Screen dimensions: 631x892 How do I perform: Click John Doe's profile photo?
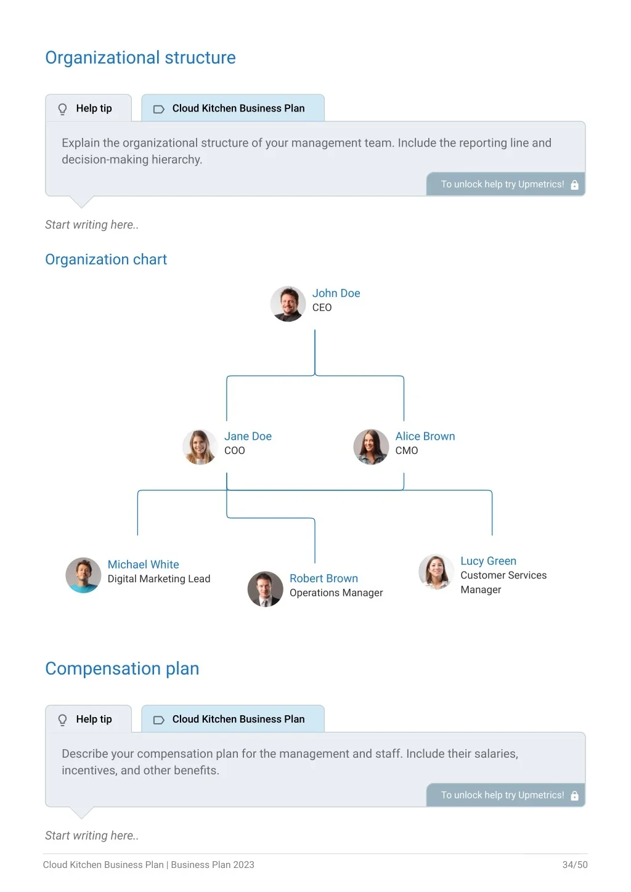click(x=288, y=304)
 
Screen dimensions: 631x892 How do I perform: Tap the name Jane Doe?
click(x=248, y=436)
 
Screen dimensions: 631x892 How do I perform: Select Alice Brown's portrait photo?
click(x=371, y=447)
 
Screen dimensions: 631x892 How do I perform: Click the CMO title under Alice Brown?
click(x=406, y=450)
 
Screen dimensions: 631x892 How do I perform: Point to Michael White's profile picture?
click(x=83, y=575)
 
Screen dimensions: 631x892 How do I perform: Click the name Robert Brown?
click(x=324, y=578)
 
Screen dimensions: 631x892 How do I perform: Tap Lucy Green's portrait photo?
click(x=436, y=572)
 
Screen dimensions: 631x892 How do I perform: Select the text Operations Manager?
click(x=336, y=593)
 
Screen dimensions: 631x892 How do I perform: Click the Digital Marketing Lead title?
click(x=159, y=578)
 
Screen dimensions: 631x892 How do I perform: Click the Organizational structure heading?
click(x=140, y=58)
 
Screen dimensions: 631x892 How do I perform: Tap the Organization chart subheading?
click(x=106, y=259)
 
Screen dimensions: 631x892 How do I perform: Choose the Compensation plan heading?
click(x=122, y=668)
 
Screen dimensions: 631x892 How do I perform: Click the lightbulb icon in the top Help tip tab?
click(x=62, y=108)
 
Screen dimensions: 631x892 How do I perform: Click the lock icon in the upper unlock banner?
click(x=574, y=185)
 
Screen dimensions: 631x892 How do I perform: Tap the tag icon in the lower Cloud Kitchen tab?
click(x=159, y=720)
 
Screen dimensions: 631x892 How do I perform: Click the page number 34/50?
click(x=575, y=864)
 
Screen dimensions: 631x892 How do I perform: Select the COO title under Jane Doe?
click(x=235, y=450)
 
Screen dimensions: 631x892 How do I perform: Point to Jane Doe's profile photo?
click(x=200, y=447)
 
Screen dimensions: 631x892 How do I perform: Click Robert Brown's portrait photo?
click(x=266, y=589)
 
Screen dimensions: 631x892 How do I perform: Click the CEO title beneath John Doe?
click(x=322, y=307)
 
